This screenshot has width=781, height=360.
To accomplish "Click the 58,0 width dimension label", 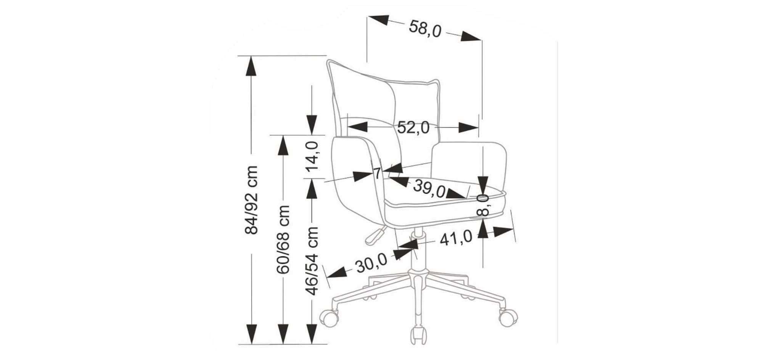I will tap(425, 29).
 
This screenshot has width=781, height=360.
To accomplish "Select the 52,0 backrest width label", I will tap(413, 127).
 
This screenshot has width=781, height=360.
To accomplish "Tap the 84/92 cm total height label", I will tap(251, 200).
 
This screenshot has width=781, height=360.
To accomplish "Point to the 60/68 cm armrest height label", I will tap(283, 239).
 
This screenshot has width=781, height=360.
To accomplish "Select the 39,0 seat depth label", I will tap(429, 187).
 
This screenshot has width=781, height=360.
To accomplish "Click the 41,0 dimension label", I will tap(456, 238).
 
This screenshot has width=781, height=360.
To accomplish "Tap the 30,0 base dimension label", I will tap(371, 264).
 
